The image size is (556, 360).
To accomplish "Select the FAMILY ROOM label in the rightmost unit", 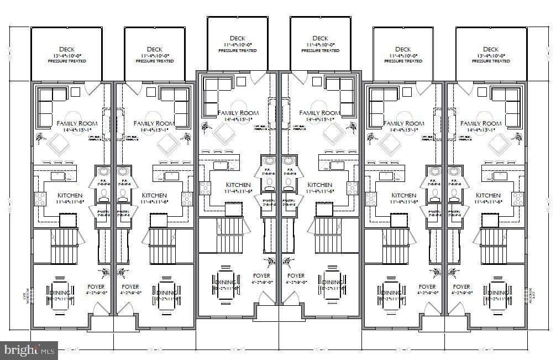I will [480, 123].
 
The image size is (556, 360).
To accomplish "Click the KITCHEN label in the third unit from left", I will [238, 185].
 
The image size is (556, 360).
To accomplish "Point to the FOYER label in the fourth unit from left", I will [296, 275].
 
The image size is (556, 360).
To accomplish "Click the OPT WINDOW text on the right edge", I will [531, 297].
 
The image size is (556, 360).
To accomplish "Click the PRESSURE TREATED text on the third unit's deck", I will [238, 50].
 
